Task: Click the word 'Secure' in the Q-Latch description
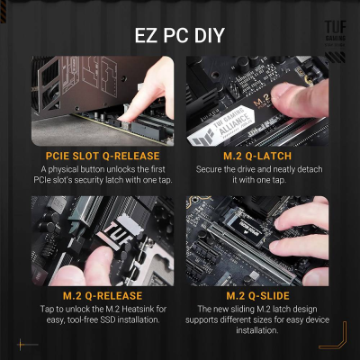[x=211, y=169]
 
